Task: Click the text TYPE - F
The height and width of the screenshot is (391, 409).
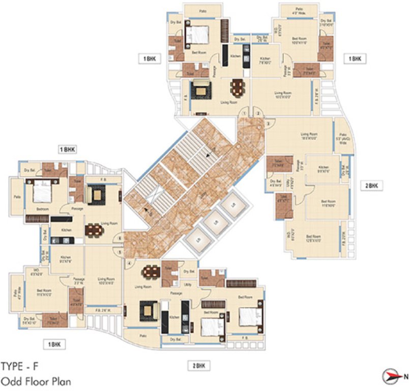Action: coord(19,366)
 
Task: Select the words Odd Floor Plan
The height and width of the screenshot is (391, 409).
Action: coord(36,380)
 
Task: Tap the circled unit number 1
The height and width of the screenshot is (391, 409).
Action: coord(245,113)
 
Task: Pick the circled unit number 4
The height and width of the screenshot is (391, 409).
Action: coord(129,263)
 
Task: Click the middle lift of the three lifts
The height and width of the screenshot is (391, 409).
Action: coord(213,221)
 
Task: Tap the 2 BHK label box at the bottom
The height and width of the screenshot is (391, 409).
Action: coord(200,366)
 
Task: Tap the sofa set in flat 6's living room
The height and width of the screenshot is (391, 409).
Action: coord(95,194)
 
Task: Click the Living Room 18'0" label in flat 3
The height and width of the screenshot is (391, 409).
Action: coord(309,136)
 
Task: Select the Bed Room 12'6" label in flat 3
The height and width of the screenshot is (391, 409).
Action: coord(313,238)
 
